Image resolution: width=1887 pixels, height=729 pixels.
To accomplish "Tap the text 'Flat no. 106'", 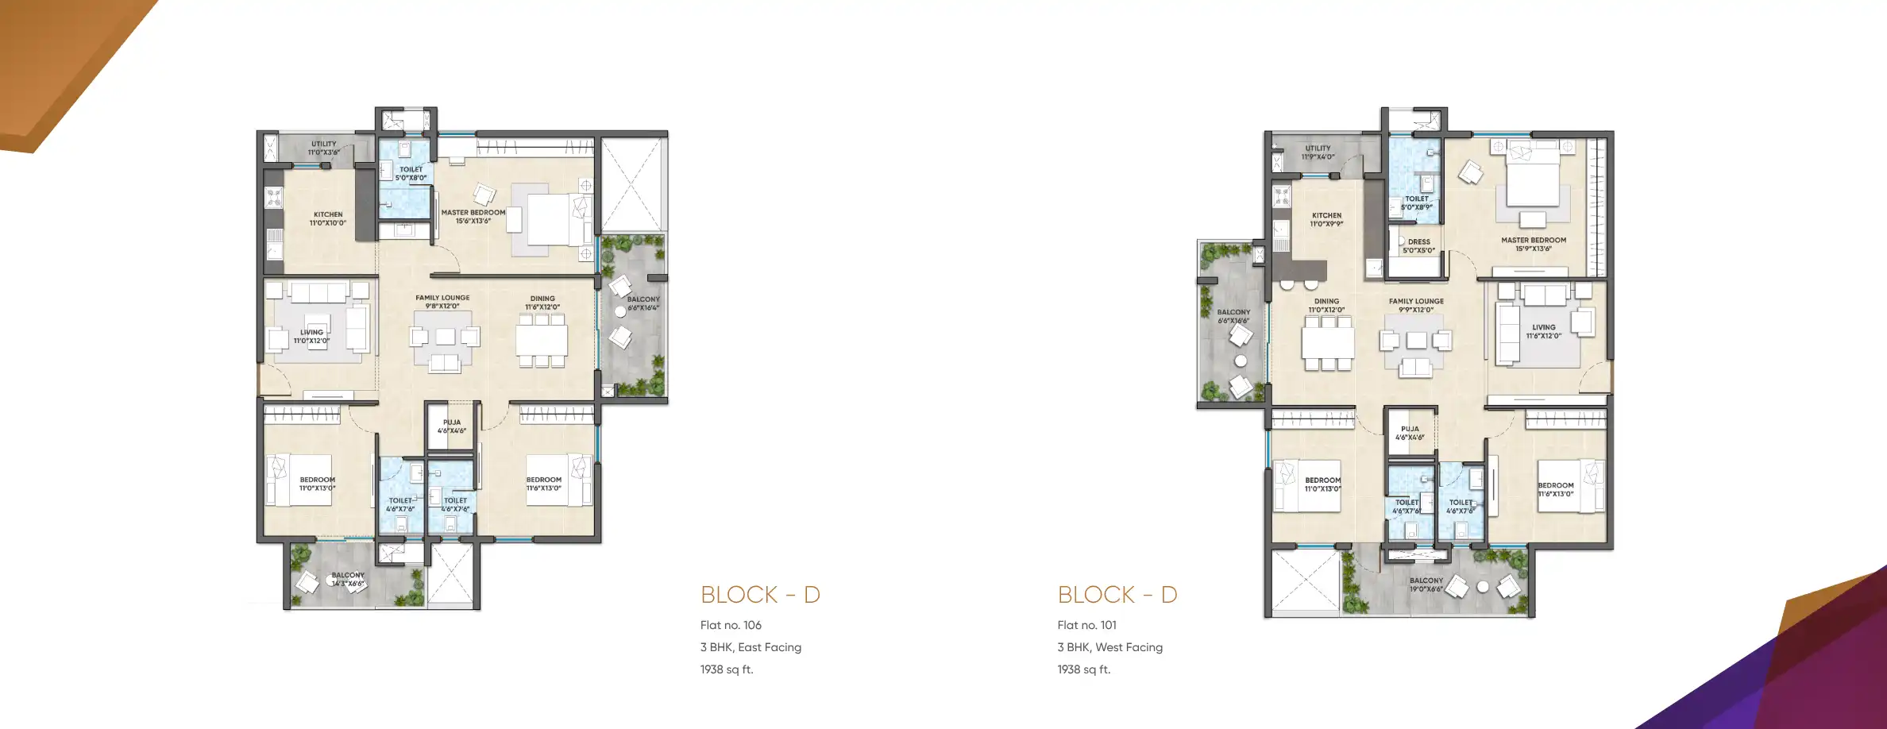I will [x=731, y=625].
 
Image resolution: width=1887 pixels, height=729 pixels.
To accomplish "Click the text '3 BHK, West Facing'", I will [x=1109, y=647].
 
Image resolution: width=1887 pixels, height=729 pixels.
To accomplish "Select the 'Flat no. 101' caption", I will [x=1086, y=625].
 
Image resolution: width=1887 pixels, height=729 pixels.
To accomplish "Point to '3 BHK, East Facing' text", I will [x=751, y=647].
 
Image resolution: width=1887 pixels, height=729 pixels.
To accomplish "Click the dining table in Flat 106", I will [x=542, y=341].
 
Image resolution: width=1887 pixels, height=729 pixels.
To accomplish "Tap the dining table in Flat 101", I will [x=1328, y=344].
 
